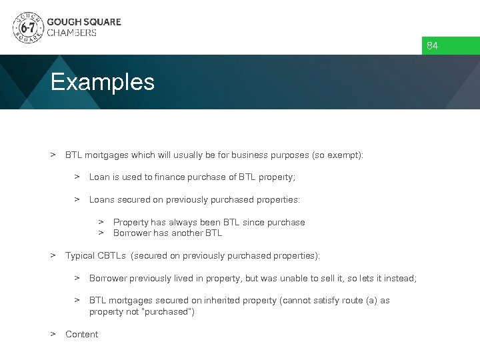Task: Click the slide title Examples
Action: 103,83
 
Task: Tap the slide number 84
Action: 433,46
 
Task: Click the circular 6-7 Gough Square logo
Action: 28,27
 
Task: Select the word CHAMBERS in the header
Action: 71,33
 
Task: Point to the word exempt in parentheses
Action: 345,155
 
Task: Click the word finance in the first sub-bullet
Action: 153,177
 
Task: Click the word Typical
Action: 79,256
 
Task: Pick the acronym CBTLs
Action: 112,256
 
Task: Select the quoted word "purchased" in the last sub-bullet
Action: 167,312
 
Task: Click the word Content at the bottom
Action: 81,335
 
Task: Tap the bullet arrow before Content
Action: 53,334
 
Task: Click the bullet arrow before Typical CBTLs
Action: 53,255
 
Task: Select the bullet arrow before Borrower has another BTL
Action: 101,233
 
